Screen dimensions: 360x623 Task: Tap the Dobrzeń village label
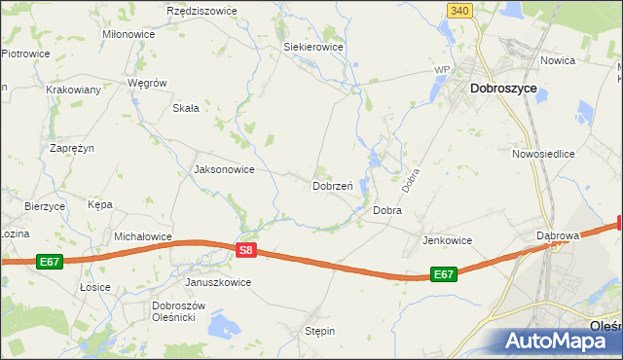click(332, 185)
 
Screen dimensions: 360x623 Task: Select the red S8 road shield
click(246, 250)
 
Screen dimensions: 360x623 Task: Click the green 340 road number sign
click(461, 10)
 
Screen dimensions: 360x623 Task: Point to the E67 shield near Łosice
click(51, 262)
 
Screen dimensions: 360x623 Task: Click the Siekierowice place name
click(312, 46)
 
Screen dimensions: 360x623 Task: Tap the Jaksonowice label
click(225, 169)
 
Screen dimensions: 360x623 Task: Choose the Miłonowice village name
click(128, 33)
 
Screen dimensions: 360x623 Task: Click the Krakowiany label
click(73, 89)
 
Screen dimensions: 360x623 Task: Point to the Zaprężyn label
click(72, 148)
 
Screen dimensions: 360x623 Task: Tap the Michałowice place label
click(143, 235)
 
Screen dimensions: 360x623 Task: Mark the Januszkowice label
click(218, 282)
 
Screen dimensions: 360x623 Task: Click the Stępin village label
click(319, 331)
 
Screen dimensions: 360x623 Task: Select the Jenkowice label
click(447, 239)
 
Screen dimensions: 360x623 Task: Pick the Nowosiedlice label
click(543, 154)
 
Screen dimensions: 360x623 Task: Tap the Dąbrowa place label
click(558, 235)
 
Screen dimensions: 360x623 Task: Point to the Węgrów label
click(149, 83)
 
